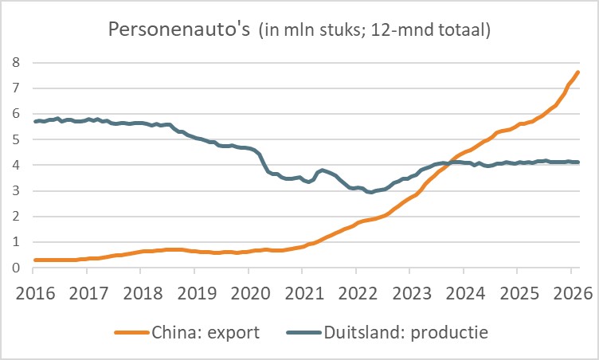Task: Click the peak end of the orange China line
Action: [x=578, y=72]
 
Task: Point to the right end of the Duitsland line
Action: [x=578, y=162]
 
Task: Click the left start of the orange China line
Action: [x=34, y=260]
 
